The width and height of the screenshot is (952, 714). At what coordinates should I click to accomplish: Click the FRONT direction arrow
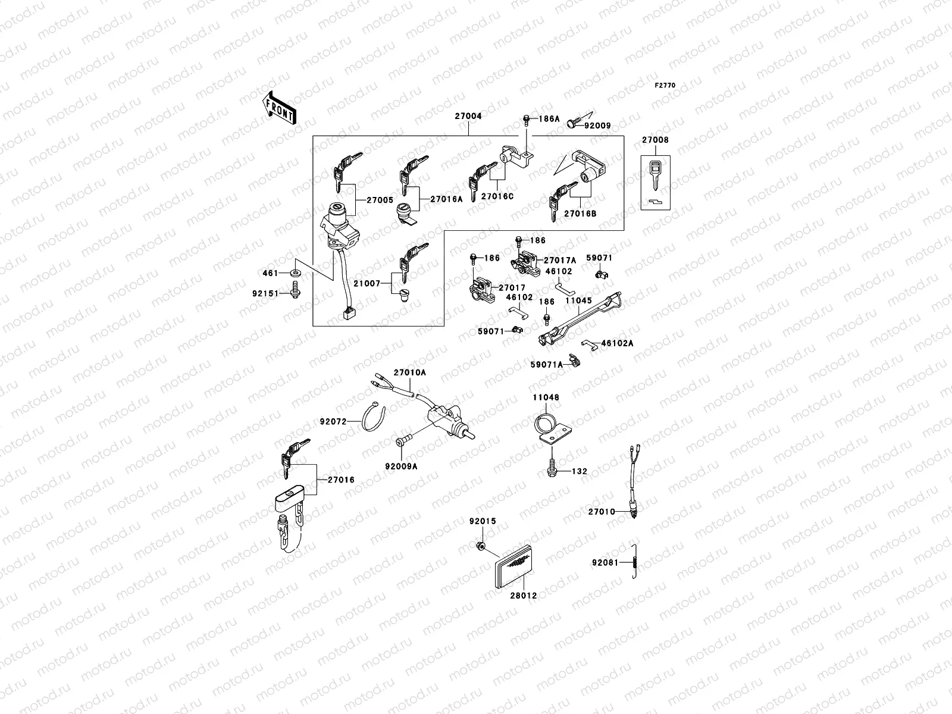(280, 107)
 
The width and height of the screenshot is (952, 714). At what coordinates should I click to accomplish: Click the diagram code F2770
(666, 86)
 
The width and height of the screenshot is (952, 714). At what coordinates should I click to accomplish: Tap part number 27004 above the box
(468, 117)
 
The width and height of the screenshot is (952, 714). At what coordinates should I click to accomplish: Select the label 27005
(380, 201)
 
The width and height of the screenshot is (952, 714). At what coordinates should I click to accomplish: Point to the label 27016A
(446, 200)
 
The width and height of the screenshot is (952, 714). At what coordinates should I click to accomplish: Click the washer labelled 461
(296, 273)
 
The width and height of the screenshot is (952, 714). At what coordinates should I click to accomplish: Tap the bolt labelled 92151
(296, 292)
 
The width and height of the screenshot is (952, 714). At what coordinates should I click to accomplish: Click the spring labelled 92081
(635, 561)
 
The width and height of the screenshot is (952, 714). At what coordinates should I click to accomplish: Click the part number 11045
(578, 301)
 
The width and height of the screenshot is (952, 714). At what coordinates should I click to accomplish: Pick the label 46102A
(617, 343)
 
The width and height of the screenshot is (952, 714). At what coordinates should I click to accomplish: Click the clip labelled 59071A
(573, 361)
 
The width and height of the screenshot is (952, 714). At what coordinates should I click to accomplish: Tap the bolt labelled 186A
(527, 120)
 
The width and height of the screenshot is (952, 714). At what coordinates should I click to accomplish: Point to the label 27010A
(410, 372)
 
